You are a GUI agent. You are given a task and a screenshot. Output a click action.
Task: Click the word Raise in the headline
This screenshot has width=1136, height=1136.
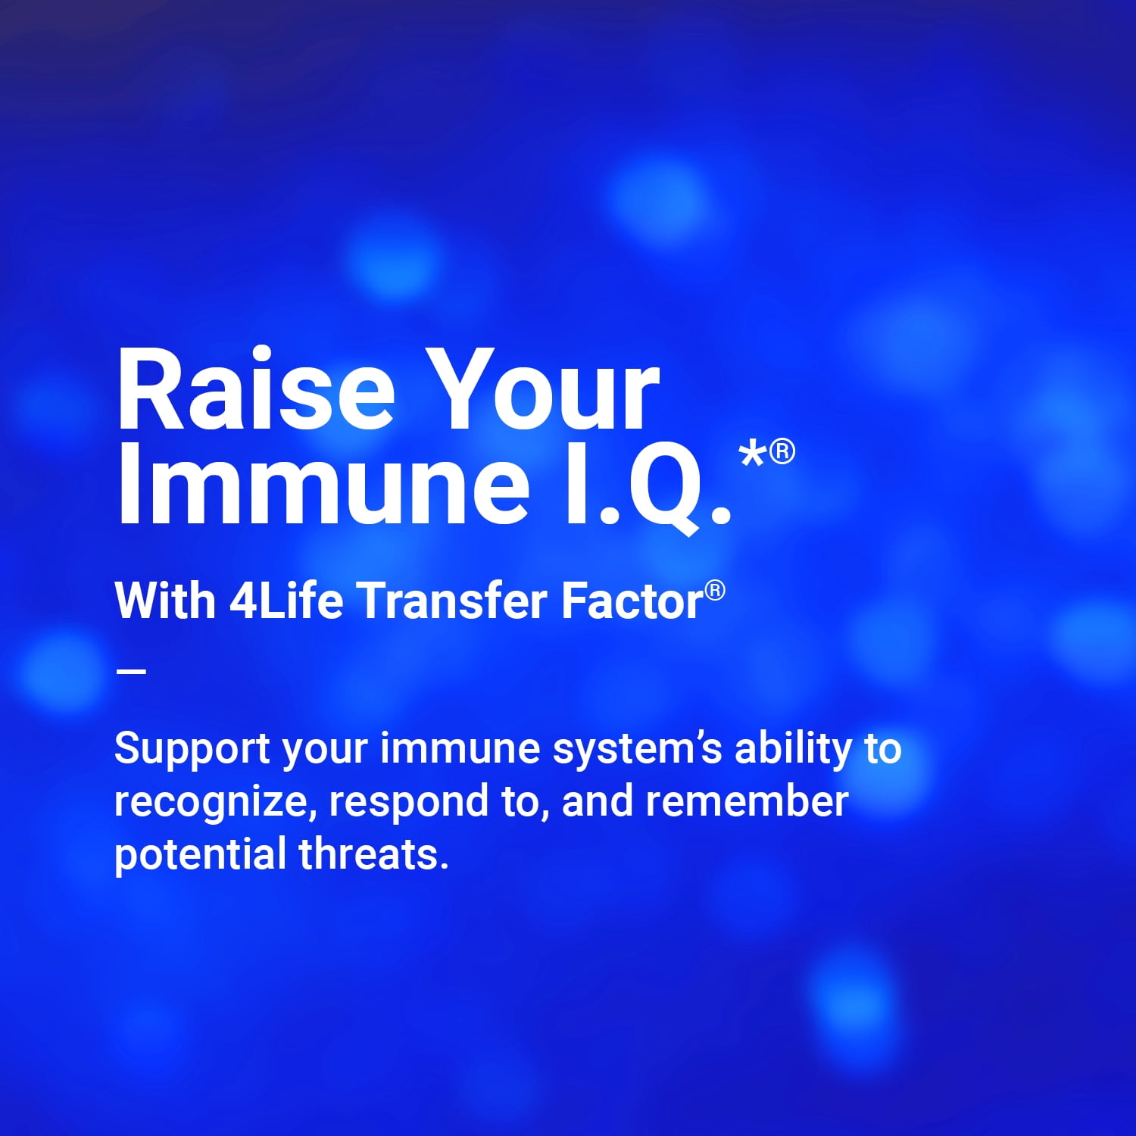pyautogui.click(x=255, y=391)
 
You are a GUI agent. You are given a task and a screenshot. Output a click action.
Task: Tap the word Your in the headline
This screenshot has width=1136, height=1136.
pyautogui.click(x=547, y=391)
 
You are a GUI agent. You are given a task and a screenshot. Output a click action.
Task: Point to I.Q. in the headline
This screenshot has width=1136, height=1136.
pyautogui.click(x=648, y=485)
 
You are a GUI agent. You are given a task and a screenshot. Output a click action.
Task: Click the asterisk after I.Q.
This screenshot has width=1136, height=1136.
pyautogui.click(x=753, y=457)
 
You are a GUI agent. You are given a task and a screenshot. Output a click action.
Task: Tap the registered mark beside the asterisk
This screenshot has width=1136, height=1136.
pyautogui.click(x=782, y=451)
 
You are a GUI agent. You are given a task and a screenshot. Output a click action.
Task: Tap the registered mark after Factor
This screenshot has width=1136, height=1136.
pyautogui.click(x=715, y=591)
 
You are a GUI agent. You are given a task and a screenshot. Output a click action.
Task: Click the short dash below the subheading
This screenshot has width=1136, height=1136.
pyautogui.click(x=131, y=670)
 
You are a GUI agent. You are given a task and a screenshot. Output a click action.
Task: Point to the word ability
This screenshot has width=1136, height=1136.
pyautogui.click(x=793, y=750)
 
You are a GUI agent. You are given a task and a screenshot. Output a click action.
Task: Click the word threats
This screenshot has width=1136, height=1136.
pyautogui.click(x=373, y=854)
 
